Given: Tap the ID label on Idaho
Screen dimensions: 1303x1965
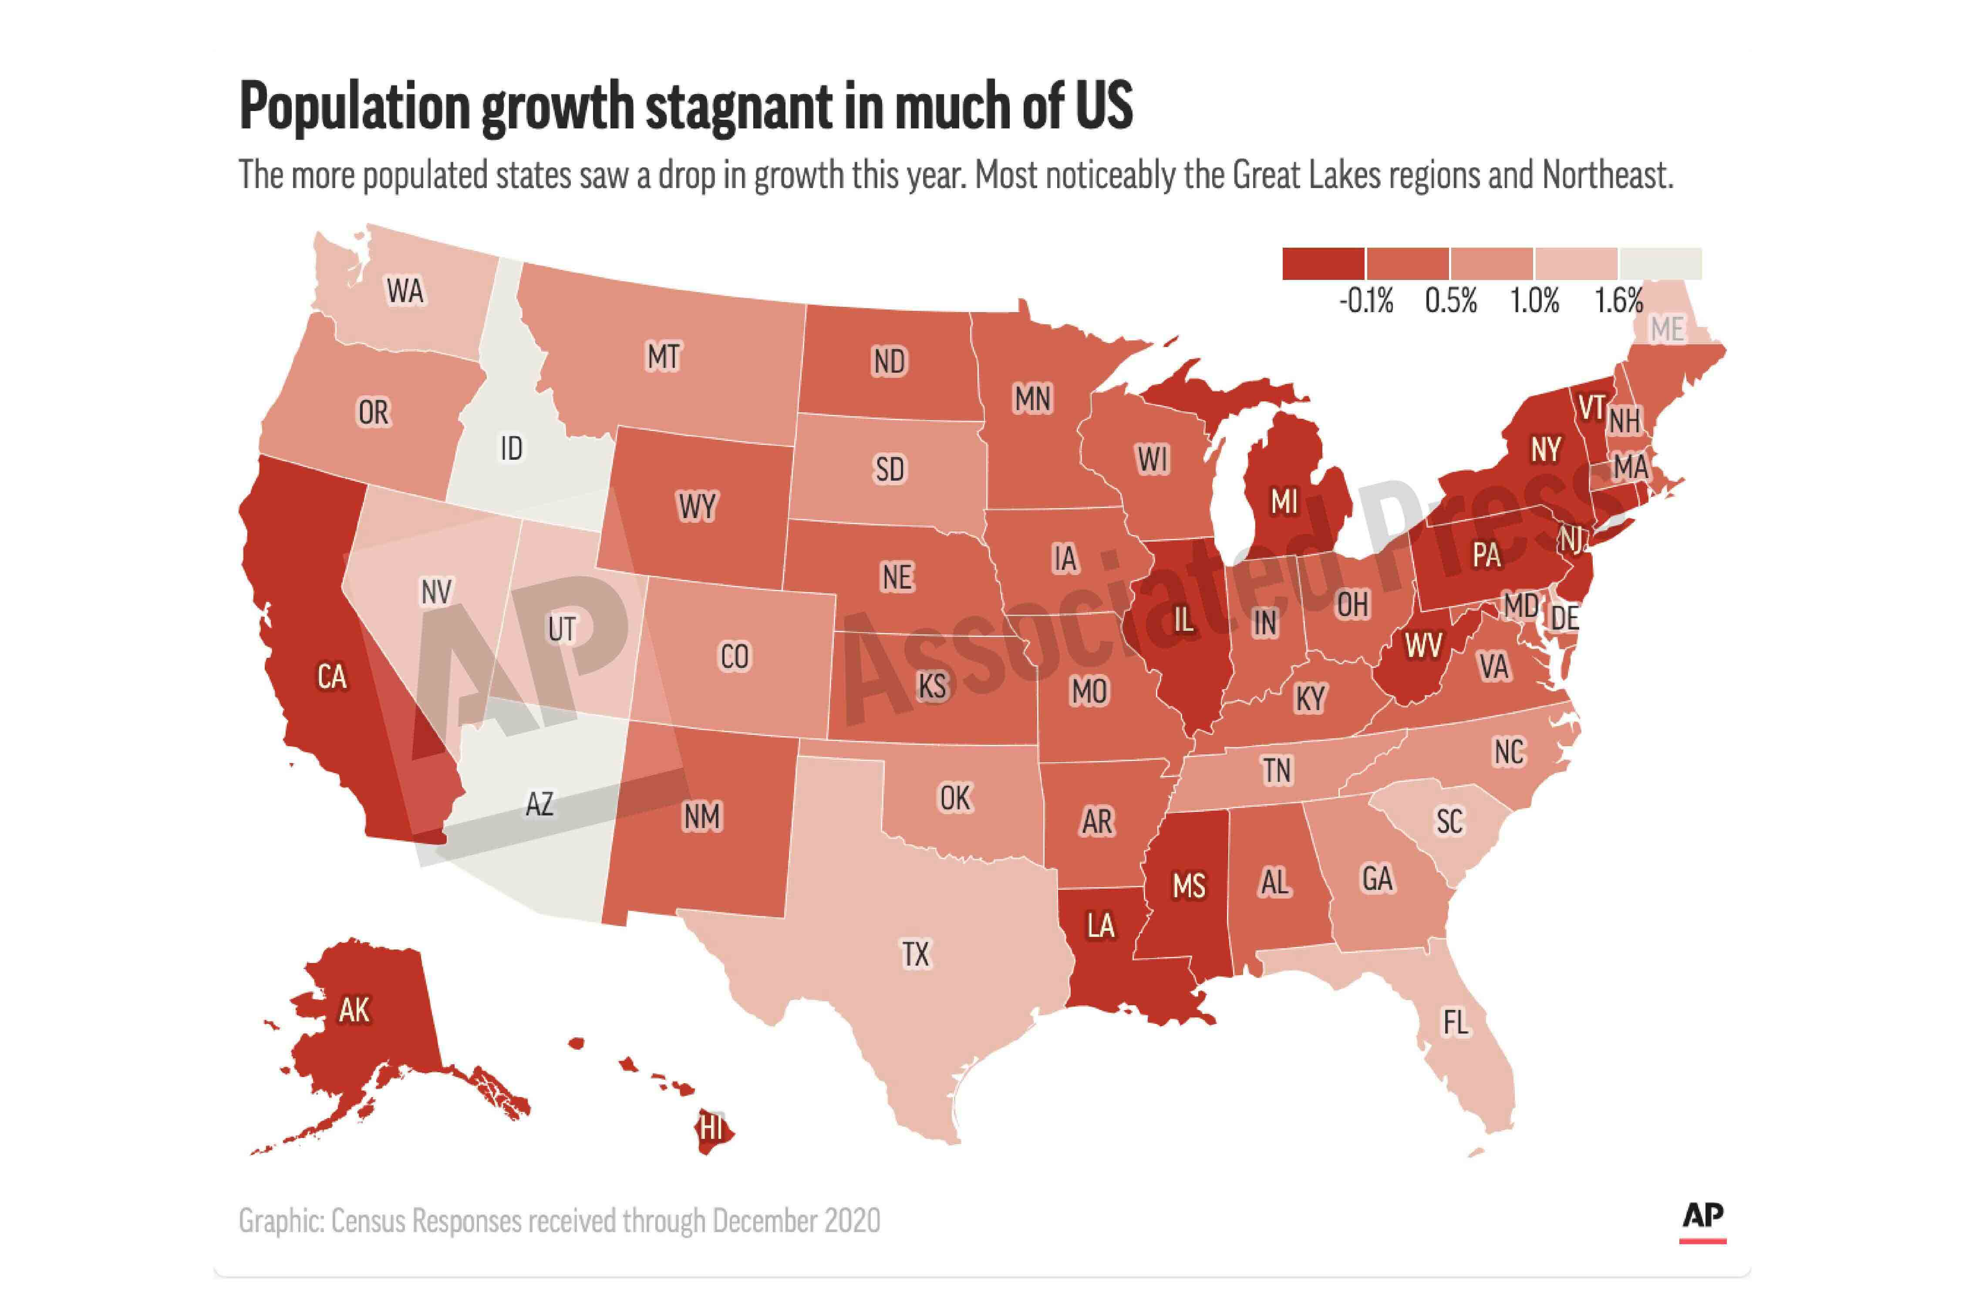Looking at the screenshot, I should pos(511,449).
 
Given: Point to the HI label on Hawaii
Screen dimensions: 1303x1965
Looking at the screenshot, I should pos(711,1128).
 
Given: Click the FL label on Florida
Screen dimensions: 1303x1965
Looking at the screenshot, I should pos(1455,1022).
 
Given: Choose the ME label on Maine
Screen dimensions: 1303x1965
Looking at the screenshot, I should pos(1667,330).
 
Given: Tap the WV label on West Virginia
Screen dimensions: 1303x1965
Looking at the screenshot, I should pos(1423,645).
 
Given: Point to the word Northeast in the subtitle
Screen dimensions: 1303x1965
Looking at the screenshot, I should pos(1607,175).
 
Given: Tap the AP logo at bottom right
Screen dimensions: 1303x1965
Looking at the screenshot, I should pos(1702,1216).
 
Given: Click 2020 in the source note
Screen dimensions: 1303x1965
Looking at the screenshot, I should pos(852,1221).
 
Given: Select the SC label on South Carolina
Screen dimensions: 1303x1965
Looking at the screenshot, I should pos(1450,821).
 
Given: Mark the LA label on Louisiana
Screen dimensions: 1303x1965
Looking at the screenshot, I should pos(1101,925).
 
